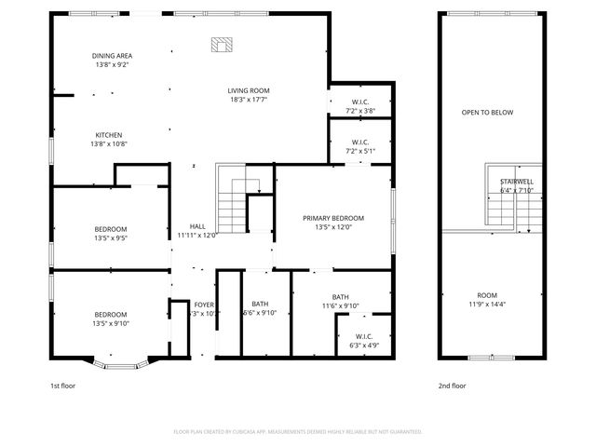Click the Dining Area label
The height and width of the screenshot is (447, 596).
tap(111, 56)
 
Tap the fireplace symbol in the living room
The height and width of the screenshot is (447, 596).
tap(222, 44)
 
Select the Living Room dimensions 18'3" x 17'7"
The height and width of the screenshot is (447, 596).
tap(249, 100)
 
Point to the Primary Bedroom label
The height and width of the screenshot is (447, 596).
tap(332, 218)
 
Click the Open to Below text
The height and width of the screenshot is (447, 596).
tap(487, 113)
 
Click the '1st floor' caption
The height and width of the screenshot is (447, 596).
tap(62, 386)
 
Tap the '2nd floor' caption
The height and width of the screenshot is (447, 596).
tap(452, 386)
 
